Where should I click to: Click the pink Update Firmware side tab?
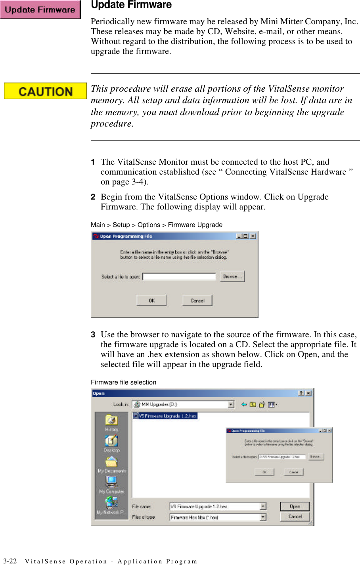(x=40, y=10)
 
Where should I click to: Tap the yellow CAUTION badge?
(x=45, y=91)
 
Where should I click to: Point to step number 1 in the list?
(x=93, y=162)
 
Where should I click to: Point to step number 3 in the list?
(x=93, y=334)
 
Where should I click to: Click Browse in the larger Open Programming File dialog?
(x=232, y=277)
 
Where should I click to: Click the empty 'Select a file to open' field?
(x=179, y=277)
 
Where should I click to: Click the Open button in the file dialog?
(x=295, y=506)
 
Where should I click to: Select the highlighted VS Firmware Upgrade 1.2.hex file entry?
(x=165, y=416)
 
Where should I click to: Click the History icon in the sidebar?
(x=111, y=423)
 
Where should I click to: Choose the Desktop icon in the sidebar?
(x=111, y=444)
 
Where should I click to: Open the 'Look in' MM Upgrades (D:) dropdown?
(x=231, y=404)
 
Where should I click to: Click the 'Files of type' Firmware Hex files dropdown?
(x=263, y=517)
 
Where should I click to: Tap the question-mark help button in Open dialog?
(x=301, y=393)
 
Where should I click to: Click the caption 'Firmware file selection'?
(x=123, y=382)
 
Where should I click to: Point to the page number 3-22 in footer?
(x=10, y=561)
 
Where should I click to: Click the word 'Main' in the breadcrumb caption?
(x=98, y=225)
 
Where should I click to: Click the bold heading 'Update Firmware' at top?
(x=131, y=5)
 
